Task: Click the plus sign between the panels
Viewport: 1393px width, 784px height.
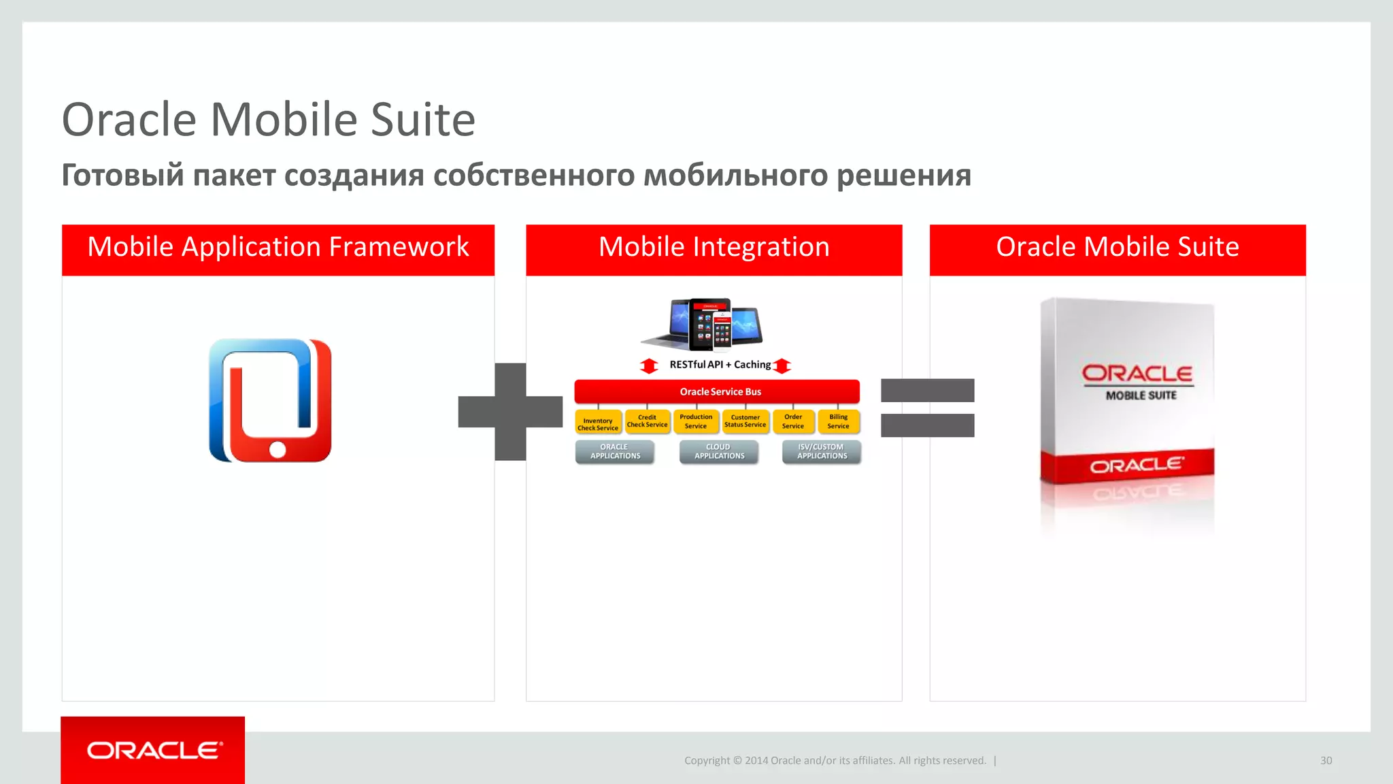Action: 510,412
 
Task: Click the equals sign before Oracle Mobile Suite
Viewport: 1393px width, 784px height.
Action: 927,408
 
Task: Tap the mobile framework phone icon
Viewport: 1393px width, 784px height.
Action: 270,401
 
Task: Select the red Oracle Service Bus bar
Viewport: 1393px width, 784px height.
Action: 717,391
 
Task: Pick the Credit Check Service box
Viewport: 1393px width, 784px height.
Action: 647,421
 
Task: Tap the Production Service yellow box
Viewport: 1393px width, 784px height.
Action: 696,421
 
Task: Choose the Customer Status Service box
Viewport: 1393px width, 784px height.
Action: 745,421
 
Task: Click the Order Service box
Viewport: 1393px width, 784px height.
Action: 793,421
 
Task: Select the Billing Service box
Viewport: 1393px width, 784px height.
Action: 838,421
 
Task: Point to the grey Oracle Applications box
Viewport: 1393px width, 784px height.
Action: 615,452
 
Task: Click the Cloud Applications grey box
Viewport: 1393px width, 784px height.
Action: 719,452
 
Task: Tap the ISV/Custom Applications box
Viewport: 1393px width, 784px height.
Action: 822,452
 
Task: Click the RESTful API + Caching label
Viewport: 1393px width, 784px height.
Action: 720,365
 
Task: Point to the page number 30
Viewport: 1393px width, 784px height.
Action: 1326,761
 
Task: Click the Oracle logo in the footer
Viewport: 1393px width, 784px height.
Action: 154,750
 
